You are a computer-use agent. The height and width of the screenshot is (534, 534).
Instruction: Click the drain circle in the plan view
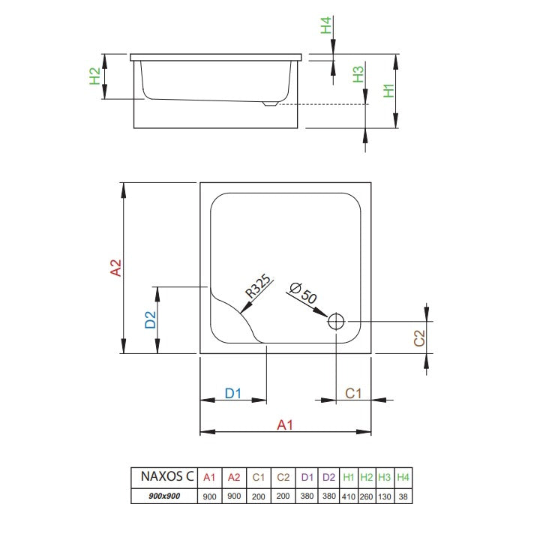tap(336, 321)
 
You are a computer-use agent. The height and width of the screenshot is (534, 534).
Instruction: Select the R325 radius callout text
tap(258, 286)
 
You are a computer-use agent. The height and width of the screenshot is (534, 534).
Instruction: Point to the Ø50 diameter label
tap(303, 293)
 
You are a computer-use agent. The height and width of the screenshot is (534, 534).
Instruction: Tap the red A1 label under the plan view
tap(285, 424)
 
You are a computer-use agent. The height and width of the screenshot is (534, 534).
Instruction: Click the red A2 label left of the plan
tap(115, 268)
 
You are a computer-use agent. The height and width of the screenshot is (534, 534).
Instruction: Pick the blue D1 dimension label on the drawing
tap(233, 393)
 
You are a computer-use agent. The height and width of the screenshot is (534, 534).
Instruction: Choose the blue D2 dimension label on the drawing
tap(150, 319)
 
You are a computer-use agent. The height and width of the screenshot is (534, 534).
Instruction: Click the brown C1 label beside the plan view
tap(352, 393)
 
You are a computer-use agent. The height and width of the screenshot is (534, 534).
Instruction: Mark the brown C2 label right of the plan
tap(419, 338)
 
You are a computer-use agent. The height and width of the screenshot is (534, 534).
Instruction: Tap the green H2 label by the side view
tap(94, 76)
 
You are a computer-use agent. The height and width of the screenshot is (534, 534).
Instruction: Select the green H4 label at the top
tap(326, 25)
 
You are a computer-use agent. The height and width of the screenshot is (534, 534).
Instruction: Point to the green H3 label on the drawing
tap(358, 74)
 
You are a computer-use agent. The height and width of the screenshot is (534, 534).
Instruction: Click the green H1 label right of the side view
tap(388, 91)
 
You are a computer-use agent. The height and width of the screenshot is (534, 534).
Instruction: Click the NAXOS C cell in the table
tap(167, 476)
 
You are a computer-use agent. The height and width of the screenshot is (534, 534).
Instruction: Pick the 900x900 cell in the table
tap(164, 496)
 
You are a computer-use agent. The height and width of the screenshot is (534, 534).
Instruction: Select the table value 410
tap(349, 496)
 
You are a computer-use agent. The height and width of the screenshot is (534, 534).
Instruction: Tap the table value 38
tap(403, 496)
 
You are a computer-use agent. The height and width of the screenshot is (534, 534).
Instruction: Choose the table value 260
tap(366, 496)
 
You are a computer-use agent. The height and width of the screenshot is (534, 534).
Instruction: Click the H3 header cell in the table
tap(385, 477)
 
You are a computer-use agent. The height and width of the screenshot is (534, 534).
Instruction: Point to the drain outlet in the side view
tap(270, 103)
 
